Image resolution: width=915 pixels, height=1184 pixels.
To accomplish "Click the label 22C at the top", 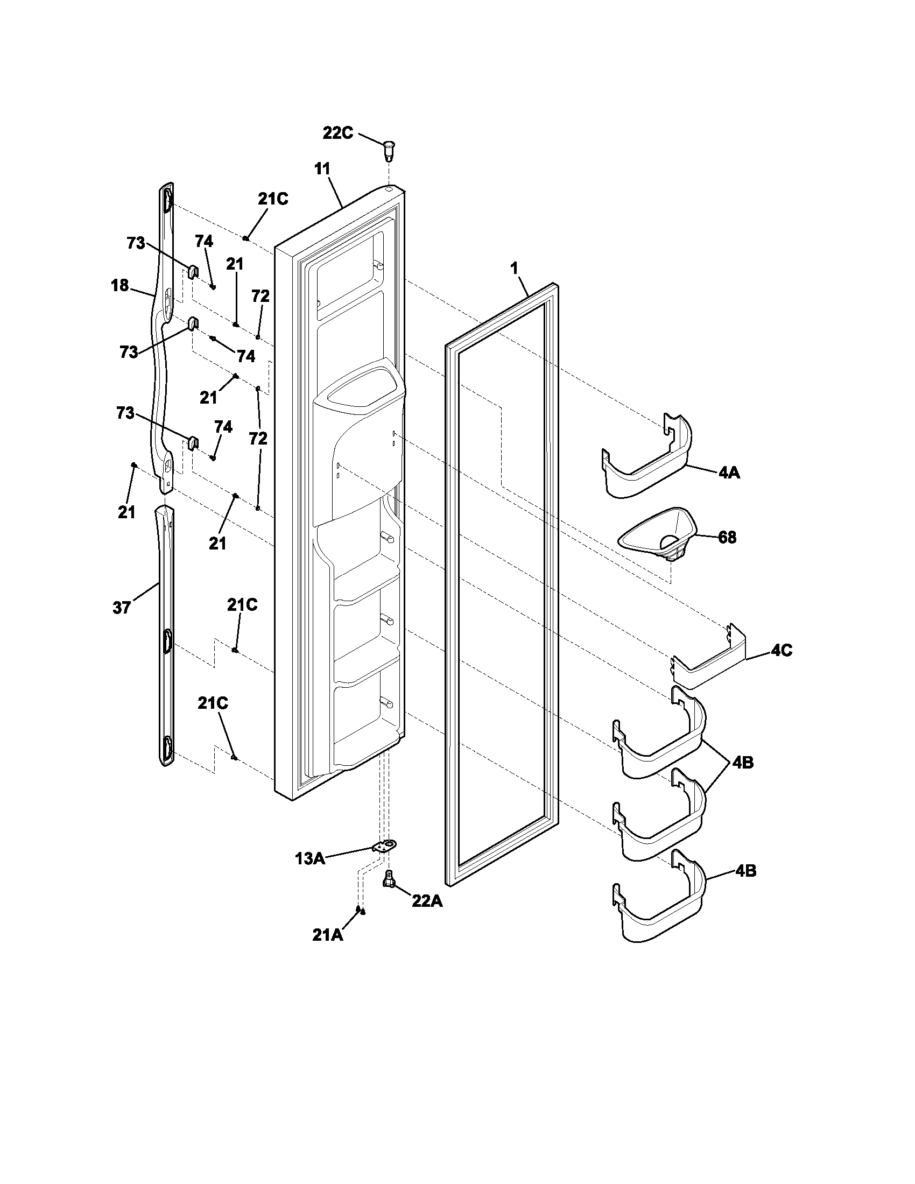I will coord(337,133).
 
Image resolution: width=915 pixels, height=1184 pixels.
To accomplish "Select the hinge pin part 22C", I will coord(388,149).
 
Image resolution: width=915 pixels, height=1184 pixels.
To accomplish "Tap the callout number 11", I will coord(322,168).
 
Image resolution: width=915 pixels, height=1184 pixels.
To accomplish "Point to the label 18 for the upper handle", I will coord(120,285).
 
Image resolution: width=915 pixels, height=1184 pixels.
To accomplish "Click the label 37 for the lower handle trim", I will coord(122,608).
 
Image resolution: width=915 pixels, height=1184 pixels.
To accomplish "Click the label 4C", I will coord(781,650).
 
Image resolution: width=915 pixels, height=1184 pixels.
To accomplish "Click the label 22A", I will coord(427,901).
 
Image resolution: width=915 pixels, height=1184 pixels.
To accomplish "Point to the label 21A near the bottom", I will coord(327,935).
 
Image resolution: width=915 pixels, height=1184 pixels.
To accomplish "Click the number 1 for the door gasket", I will coord(514,268).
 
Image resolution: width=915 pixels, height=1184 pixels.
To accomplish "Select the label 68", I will coord(727,538).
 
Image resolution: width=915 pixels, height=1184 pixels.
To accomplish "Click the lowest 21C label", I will coord(213,704).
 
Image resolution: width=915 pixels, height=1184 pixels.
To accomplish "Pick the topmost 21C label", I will coord(273,199).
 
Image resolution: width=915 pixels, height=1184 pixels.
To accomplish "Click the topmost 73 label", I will coord(136,243).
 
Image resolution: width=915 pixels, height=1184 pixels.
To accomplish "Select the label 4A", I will coord(729,473).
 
